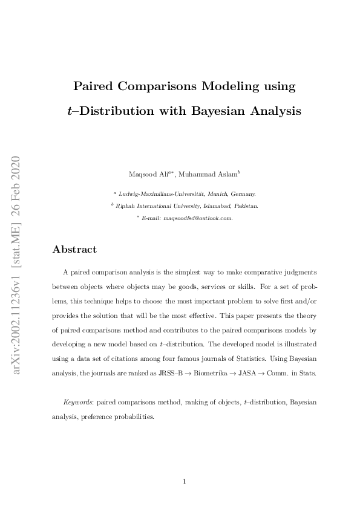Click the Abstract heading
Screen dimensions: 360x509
pos(74,249)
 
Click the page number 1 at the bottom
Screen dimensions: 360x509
pos(183,481)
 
